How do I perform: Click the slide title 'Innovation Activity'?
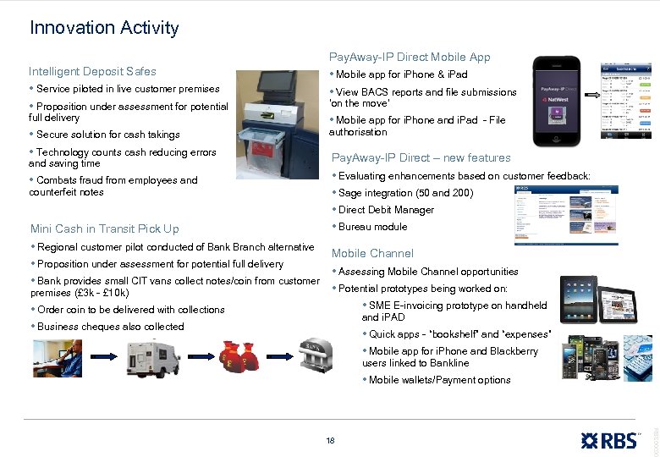pos(104,28)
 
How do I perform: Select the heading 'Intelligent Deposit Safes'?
pos(92,71)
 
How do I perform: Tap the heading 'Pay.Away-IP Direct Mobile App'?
pos(410,57)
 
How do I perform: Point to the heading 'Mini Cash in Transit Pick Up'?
pos(105,228)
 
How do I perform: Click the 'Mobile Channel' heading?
pos(372,253)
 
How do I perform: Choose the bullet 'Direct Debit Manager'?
pos(386,210)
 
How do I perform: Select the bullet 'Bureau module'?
pos(372,227)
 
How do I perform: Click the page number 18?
pos(330,440)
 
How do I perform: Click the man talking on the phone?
pos(58,358)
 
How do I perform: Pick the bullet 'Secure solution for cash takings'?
pos(108,135)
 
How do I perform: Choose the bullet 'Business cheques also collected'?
pos(110,327)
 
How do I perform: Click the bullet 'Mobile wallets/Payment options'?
pos(439,380)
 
